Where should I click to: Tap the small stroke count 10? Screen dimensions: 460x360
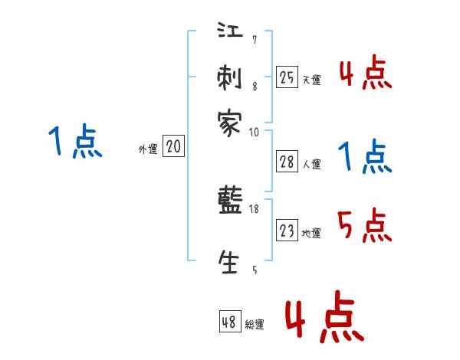point(255,133)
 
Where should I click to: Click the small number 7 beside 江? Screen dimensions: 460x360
point(255,40)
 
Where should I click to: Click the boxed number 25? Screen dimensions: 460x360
point(287,77)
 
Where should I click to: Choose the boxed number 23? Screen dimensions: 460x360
point(287,231)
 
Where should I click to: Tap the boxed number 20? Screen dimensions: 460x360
point(173,147)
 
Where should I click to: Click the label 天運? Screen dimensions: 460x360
point(311,80)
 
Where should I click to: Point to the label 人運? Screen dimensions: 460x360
point(311,164)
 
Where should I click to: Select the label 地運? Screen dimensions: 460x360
point(311,234)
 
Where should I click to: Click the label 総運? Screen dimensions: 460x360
point(255,326)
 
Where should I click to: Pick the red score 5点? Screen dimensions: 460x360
point(364,226)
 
